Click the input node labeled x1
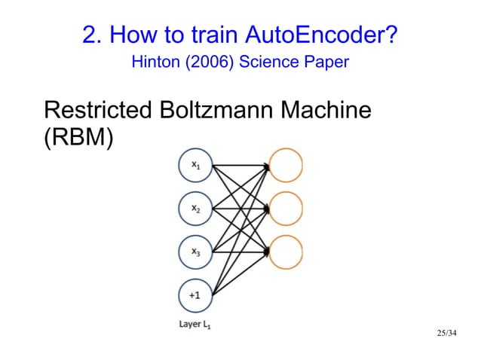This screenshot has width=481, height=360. pos(195,165)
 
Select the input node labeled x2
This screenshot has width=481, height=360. pos(195,208)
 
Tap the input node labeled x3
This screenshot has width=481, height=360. pos(195,251)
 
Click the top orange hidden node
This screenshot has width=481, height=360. pos(286,165)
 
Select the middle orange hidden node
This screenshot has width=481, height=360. pos(286,208)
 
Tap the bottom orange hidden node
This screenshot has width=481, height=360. pos(286,251)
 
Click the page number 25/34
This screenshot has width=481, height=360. pos(447,332)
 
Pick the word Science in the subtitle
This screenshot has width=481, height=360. pos(268,62)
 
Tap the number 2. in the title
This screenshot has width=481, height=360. pos(90,35)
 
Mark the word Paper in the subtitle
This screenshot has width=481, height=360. pos(326,62)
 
